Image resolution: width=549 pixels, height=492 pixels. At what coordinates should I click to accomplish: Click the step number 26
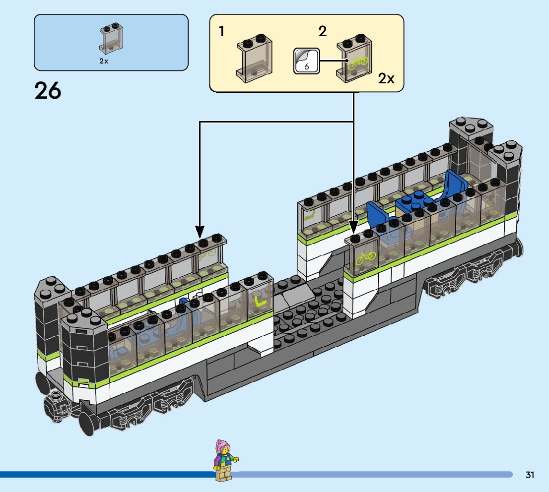[x=48, y=91]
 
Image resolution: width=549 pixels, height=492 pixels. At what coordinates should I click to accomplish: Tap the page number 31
[x=529, y=475]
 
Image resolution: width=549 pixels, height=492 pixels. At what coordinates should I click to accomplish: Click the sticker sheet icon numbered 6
[x=306, y=61]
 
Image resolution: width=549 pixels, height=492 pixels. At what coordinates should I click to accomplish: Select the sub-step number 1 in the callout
[x=221, y=31]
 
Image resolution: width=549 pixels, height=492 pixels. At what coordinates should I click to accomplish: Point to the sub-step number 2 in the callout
[x=323, y=31]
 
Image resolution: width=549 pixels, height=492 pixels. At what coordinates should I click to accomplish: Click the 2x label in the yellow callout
[x=386, y=78]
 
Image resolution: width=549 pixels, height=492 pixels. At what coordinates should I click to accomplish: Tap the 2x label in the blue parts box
[x=104, y=61]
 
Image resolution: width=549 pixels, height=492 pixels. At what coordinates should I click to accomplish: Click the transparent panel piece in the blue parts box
[x=111, y=38]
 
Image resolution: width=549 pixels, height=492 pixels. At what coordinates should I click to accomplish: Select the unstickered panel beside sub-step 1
[x=254, y=58]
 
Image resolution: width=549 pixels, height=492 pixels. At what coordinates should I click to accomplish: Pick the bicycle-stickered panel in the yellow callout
[x=354, y=58]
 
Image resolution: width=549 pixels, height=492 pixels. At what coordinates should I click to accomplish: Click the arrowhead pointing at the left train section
[x=200, y=232]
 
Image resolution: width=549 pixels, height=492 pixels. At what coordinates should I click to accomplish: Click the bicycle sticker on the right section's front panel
[x=365, y=258]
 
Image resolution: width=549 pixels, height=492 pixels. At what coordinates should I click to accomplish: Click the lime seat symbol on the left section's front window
[x=260, y=301]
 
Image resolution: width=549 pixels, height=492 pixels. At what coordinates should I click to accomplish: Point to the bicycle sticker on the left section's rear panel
[x=207, y=254]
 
